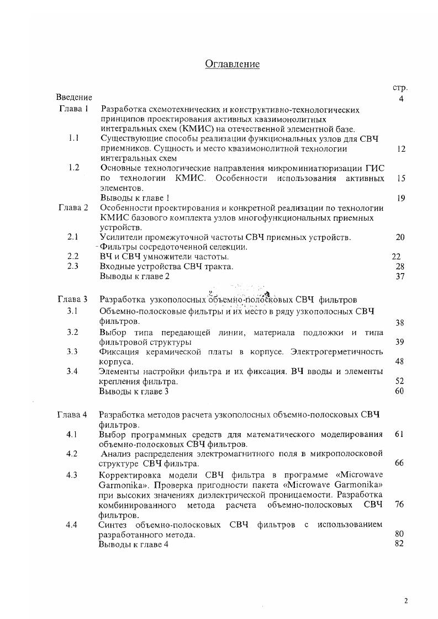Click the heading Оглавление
(232, 64)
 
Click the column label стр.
(400, 88)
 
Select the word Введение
(73, 98)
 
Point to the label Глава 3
(72, 300)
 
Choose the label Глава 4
(72, 414)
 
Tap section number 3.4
(73, 371)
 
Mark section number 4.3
(72, 474)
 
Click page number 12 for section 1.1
(402, 149)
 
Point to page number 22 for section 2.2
(395, 257)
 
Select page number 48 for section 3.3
(400, 362)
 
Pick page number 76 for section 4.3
(400, 505)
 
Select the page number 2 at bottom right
(406, 601)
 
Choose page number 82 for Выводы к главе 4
(400, 544)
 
